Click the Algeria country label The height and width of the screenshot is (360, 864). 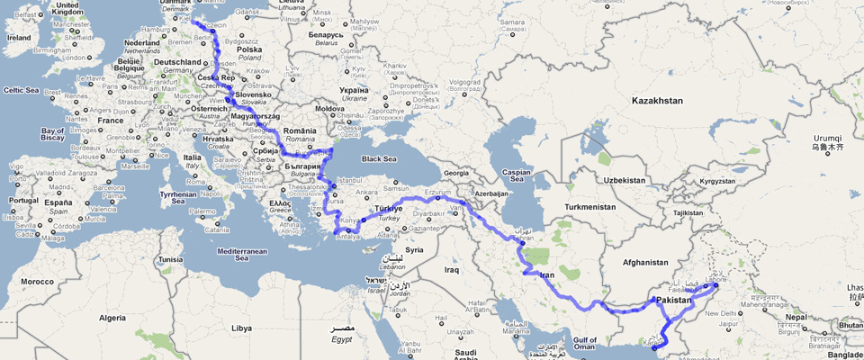[112, 318]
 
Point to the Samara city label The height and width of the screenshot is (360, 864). [513, 22]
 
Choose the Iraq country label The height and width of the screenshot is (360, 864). [452, 269]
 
